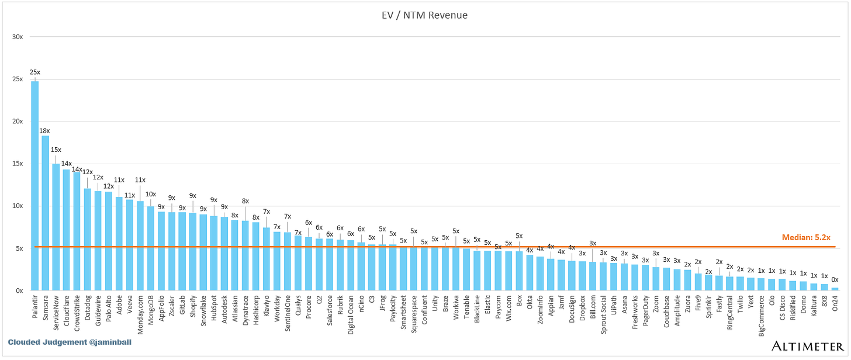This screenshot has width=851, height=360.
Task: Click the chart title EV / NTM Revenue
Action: pyautogui.click(x=425, y=15)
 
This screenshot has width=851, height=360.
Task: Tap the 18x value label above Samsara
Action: pyautogui.click(x=45, y=131)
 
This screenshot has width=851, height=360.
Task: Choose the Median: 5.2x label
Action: pyautogui.click(x=806, y=238)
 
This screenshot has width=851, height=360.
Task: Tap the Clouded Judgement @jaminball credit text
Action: pyautogui.click(x=70, y=342)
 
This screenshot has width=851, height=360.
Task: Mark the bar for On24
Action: pyautogui.click(x=835, y=289)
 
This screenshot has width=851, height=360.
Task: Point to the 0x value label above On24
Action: pyautogui.click(x=835, y=280)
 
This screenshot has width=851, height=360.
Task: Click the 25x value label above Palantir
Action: pyautogui.click(x=35, y=72)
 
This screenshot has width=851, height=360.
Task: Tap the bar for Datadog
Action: pyautogui.click(x=88, y=239)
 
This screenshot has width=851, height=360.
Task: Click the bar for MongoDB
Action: pyautogui.click(x=151, y=248)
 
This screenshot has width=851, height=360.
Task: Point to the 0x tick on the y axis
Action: pyautogui.click(x=19, y=290)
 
